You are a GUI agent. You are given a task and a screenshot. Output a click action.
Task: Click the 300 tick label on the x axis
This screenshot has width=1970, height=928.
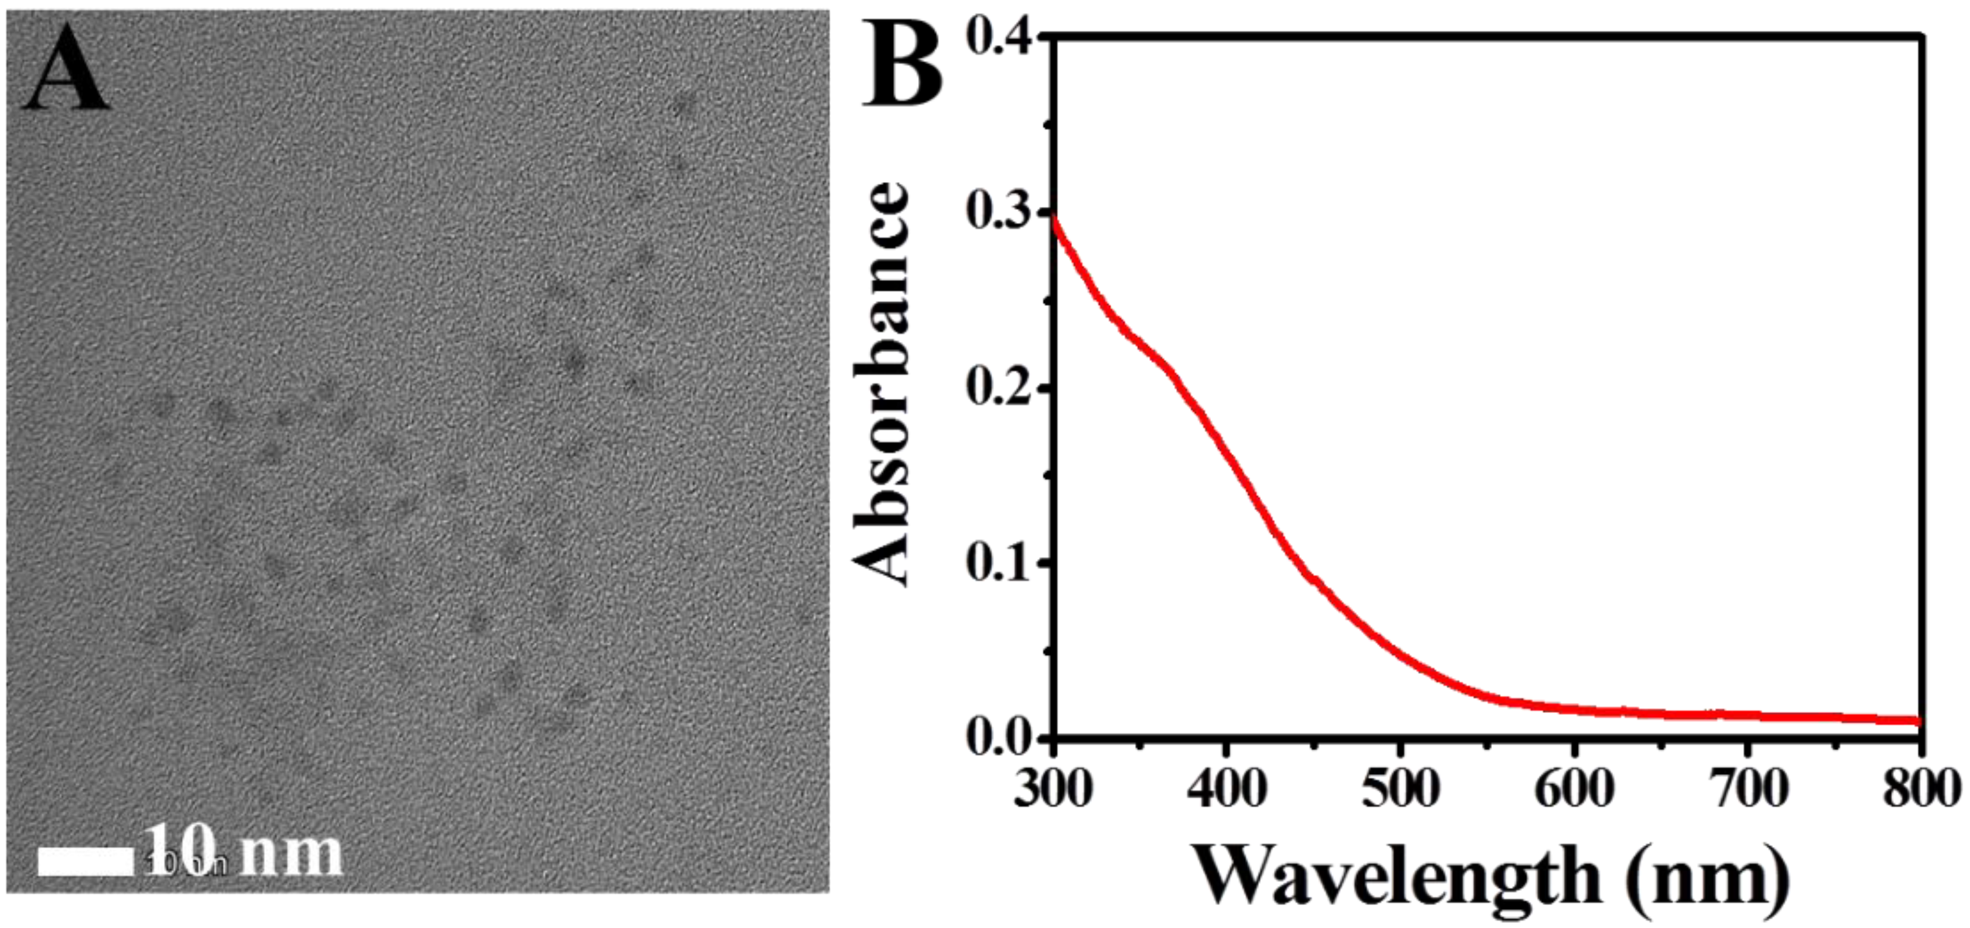[x=1053, y=788]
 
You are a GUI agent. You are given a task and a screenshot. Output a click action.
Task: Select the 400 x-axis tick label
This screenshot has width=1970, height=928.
[x=1226, y=788]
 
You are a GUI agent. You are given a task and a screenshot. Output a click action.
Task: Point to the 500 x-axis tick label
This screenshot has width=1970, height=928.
[x=1400, y=788]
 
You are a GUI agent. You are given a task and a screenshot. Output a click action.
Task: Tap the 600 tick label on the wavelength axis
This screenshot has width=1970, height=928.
[x=1574, y=788]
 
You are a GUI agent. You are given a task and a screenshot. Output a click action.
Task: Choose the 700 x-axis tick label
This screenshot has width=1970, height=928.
[x=1748, y=788]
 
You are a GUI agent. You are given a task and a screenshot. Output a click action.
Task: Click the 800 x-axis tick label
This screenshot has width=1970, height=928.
[x=1920, y=788]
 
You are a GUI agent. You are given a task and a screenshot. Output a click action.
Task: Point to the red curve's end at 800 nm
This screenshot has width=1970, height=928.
[x=1918, y=720]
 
